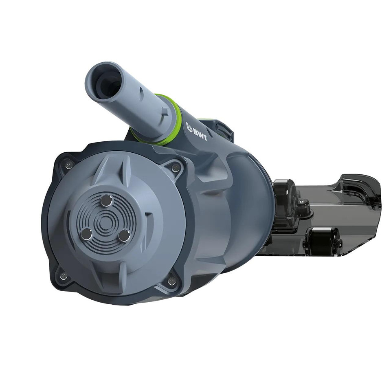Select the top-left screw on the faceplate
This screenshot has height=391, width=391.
[68, 165]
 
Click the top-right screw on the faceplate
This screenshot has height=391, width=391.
[176, 167]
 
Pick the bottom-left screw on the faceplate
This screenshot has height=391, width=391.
[63, 276]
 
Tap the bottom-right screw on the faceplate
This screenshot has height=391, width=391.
[171, 281]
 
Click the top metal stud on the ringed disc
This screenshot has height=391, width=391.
[106, 200]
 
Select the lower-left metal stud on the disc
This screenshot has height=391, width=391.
[86, 234]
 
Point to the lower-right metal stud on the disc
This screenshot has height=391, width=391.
[124, 235]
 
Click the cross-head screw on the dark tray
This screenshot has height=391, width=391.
[303, 201]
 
